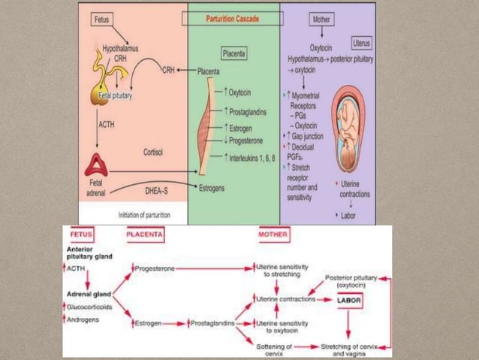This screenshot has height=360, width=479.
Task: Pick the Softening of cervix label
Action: (273, 349)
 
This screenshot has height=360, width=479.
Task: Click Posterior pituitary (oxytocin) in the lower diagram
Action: (351, 281)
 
